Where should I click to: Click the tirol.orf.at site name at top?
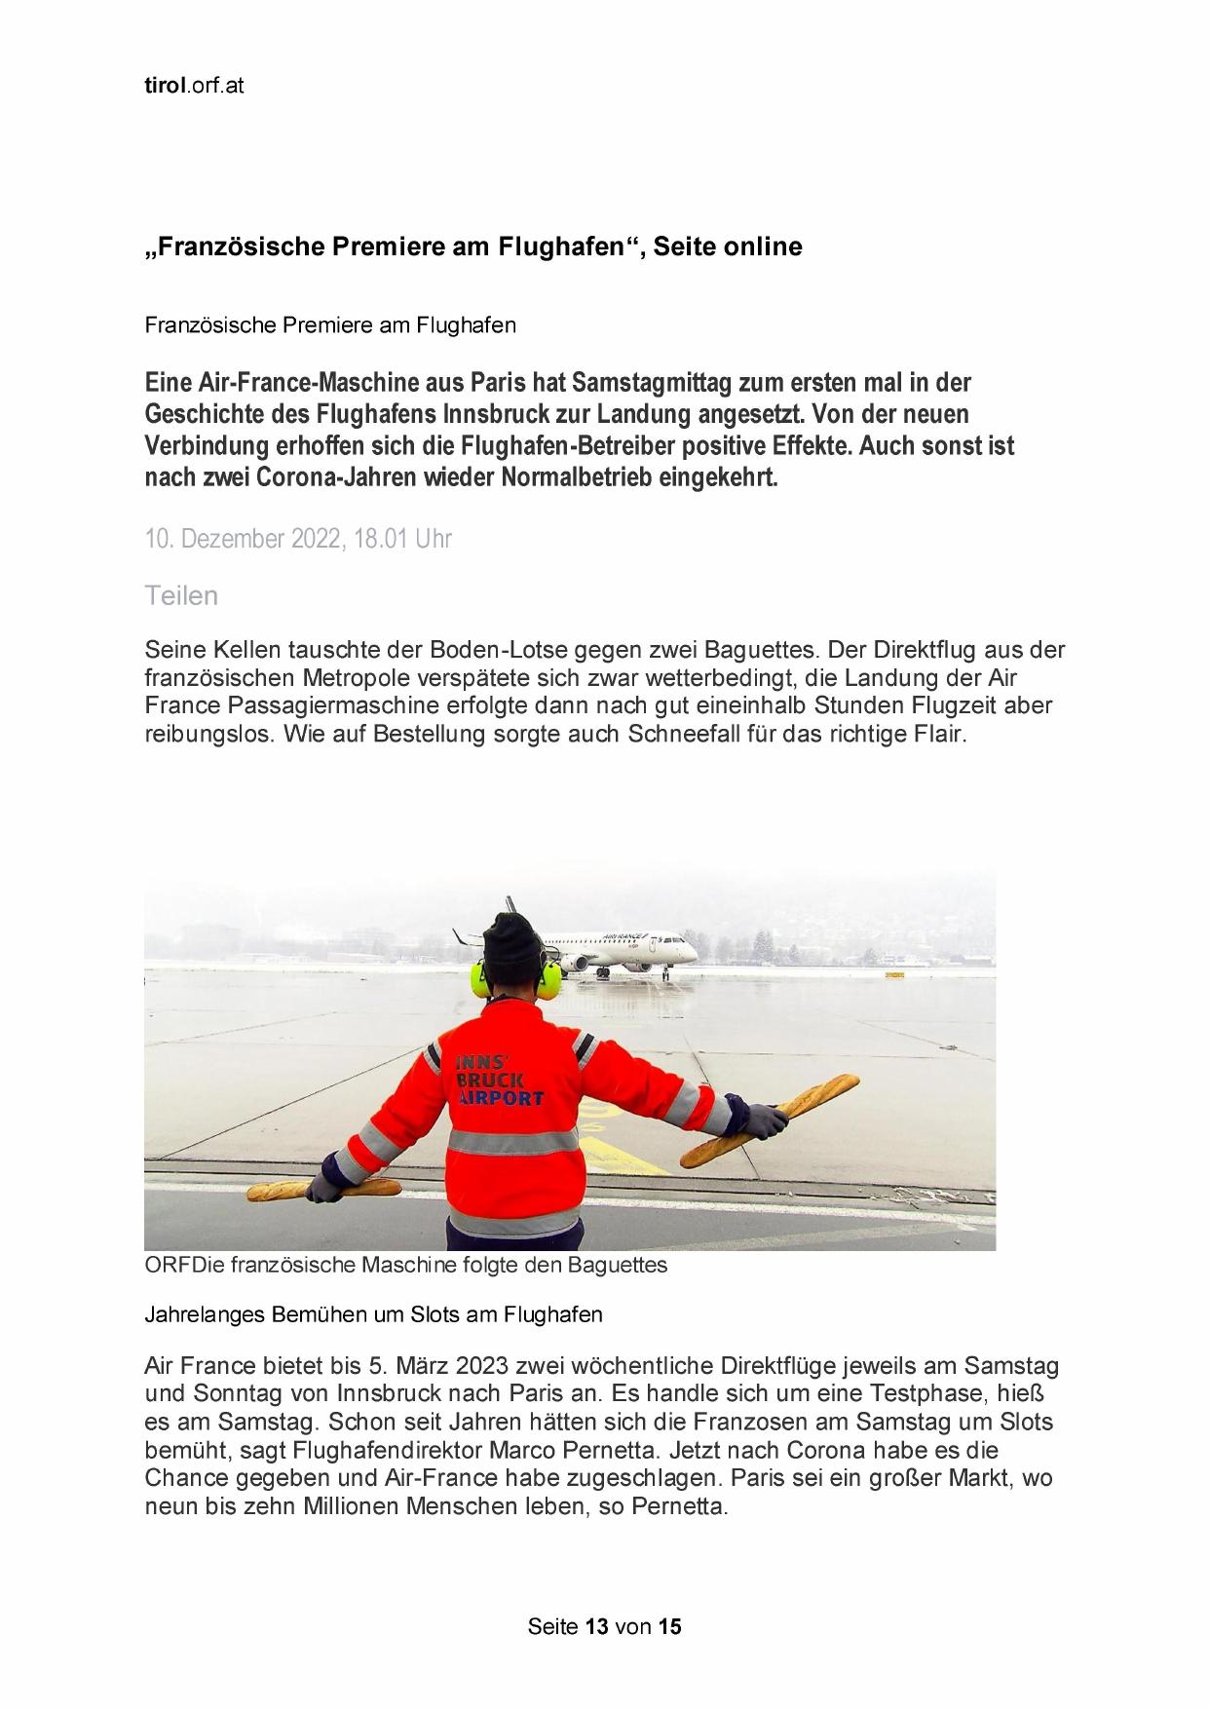tap(194, 86)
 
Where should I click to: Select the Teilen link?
tap(181, 595)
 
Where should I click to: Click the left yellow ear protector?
tap(481, 980)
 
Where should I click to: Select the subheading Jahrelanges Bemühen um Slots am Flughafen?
tap(373, 1314)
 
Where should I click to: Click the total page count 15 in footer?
tap(669, 1626)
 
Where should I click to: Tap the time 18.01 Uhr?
tap(402, 539)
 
